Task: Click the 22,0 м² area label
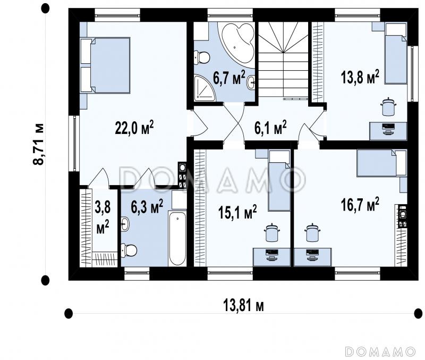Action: pos(134,128)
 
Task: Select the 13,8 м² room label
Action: pos(360,77)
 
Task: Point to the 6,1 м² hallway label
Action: pos(270,128)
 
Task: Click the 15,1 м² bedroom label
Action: pos(237,212)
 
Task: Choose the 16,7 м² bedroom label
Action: pos(360,204)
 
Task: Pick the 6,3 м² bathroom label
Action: pos(147,207)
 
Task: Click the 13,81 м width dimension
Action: pos(243,306)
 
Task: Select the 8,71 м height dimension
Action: pos(39,144)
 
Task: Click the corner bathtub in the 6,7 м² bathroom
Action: pos(238,45)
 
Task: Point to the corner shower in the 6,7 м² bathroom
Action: pos(205,88)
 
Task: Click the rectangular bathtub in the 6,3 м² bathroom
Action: pos(177,238)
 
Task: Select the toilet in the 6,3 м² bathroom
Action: pos(129,250)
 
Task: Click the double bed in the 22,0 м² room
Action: pos(105,65)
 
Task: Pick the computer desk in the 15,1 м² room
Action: pos(271,257)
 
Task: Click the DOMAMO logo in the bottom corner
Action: pos(380,351)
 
